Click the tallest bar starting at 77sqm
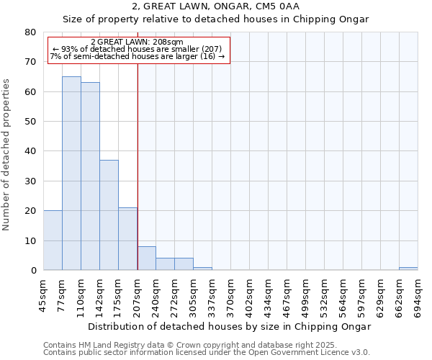71,173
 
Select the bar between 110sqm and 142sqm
90,176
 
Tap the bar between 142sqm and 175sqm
109,215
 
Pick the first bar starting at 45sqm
53,240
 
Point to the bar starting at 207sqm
146,258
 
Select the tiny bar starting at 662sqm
408,269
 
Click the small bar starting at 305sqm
202,269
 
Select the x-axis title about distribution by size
230,326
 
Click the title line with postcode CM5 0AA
216,6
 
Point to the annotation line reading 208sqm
138,42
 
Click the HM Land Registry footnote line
189,345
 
